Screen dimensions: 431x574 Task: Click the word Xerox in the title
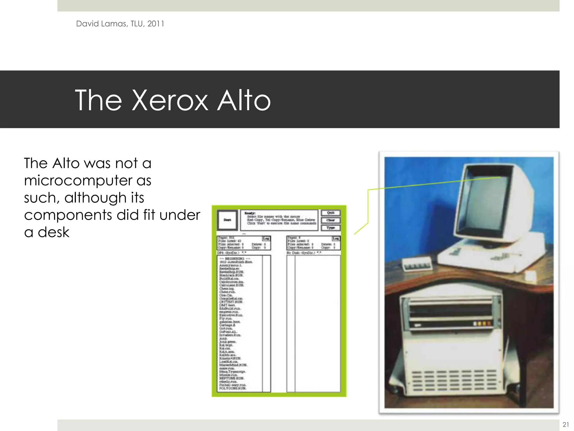(x=170, y=100)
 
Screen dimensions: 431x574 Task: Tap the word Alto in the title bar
(x=244, y=100)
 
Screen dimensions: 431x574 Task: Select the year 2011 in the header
(x=156, y=24)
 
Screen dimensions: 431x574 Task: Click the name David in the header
(x=87, y=24)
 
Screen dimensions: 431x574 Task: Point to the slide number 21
(x=566, y=424)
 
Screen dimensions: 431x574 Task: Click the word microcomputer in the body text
(x=78, y=180)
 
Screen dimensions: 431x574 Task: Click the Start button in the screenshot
(x=227, y=220)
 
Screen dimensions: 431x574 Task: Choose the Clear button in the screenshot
(x=331, y=220)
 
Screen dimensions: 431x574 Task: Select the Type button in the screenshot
(x=331, y=228)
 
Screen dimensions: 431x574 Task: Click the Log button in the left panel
(x=266, y=239)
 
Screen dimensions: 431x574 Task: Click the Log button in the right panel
(x=336, y=239)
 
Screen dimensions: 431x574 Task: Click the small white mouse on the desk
(x=531, y=276)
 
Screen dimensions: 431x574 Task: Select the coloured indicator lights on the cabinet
(x=482, y=324)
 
